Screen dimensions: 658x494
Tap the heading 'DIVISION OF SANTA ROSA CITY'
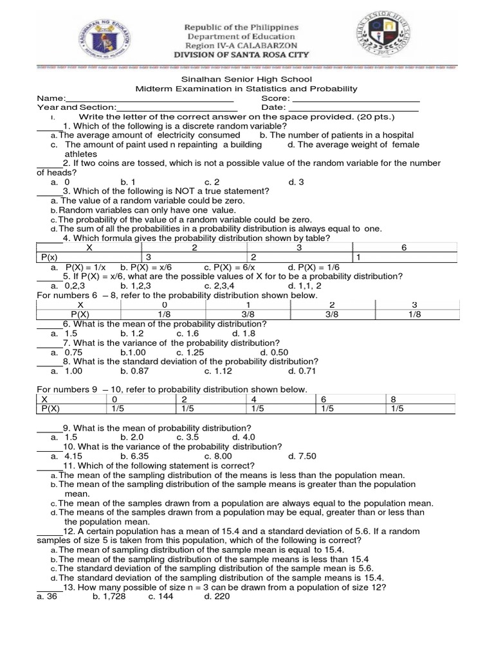[242, 55]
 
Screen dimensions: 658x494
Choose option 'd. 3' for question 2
[296, 182]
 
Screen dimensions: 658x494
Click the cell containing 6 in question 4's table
[403, 247]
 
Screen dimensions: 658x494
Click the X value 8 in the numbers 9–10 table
[393, 398]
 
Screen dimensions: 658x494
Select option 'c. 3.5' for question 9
[188, 437]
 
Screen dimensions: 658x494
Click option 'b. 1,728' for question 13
[109, 596]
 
